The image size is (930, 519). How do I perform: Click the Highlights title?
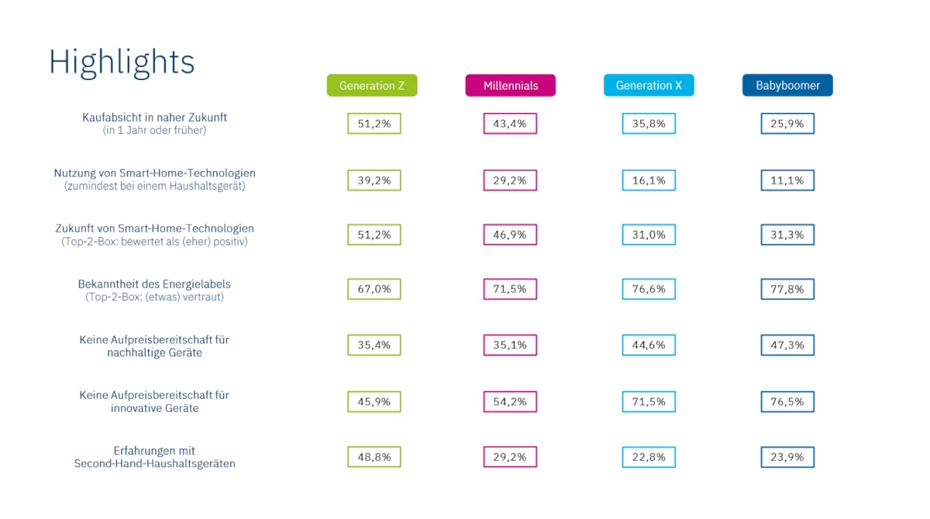[122, 62]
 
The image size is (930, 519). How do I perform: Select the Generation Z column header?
[372, 85]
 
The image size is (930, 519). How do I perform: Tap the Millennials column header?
[511, 85]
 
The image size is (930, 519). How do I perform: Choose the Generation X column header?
[649, 85]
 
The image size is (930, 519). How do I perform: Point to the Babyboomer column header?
[787, 85]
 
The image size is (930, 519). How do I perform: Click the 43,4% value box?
[510, 124]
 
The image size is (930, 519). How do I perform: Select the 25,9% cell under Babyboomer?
[787, 124]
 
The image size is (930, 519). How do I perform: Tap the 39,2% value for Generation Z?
[374, 180]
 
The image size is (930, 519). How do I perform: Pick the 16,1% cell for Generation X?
[649, 180]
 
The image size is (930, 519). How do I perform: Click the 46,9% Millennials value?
[510, 235]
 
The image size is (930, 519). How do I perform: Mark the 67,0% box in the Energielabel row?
[374, 289]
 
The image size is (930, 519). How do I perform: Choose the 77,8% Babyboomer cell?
[787, 289]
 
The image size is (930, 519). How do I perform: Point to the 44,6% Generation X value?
[649, 345]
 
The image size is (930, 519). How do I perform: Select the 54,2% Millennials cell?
[510, 402]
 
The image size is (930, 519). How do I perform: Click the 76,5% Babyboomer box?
[787, 402]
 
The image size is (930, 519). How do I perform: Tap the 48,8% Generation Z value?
[374, 457]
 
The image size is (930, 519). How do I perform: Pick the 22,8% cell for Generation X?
[649, 457]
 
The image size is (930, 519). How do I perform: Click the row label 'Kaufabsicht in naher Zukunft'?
[154, 118]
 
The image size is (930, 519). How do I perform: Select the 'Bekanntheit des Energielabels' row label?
[154, 284]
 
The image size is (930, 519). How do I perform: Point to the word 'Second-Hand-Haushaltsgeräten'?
[154, 464]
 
